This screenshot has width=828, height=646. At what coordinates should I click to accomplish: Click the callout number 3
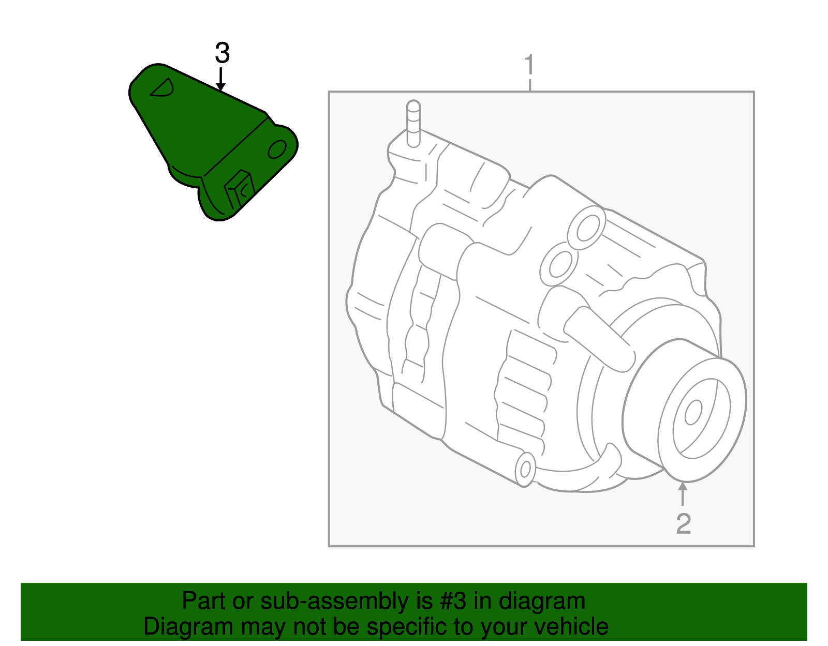click(222, 53)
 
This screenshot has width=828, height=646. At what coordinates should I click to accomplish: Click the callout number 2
click(683, 523)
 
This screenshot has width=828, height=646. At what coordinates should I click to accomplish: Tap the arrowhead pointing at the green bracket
click(221, 87)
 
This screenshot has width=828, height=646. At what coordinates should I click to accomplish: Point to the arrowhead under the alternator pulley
click(683, 486)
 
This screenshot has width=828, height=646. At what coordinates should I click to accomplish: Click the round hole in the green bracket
click(277, 149)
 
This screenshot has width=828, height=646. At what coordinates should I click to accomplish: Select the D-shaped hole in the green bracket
click(163, 88)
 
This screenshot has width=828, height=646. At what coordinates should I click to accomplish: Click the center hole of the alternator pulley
click(693, 412)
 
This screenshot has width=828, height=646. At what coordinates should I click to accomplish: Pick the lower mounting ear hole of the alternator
click(525, 469)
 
